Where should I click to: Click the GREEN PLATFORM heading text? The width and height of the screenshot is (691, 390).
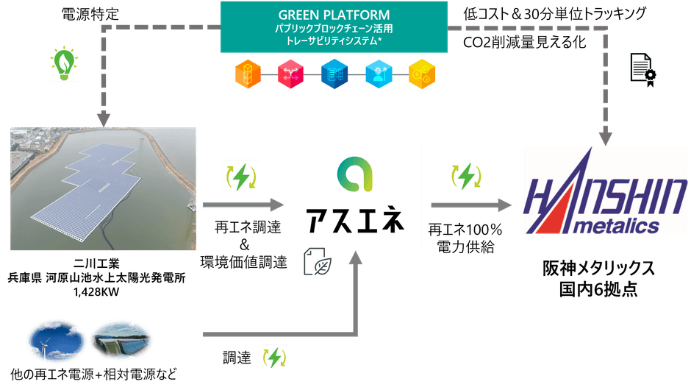coord(334,15)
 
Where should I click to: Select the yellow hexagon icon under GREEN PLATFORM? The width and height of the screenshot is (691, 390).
coord(421,74)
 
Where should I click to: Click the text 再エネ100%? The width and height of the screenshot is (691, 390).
coord(465,230)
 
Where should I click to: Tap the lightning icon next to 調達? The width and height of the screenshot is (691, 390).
coord(273,358)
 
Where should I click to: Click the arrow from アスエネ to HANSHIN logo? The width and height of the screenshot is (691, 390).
coord(470,204)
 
